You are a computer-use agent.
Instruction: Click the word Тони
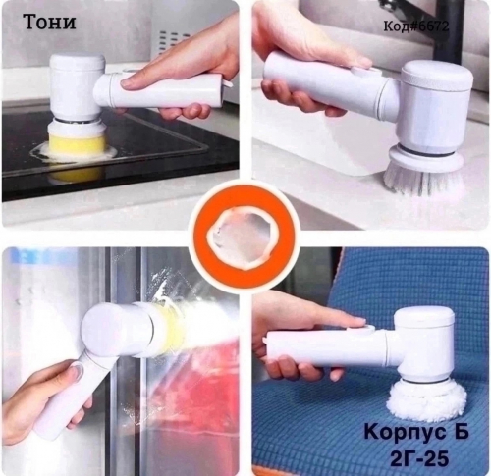50,22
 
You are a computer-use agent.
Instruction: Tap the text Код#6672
416,26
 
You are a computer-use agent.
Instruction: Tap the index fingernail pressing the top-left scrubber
130,84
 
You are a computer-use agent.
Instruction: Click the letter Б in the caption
461,432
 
